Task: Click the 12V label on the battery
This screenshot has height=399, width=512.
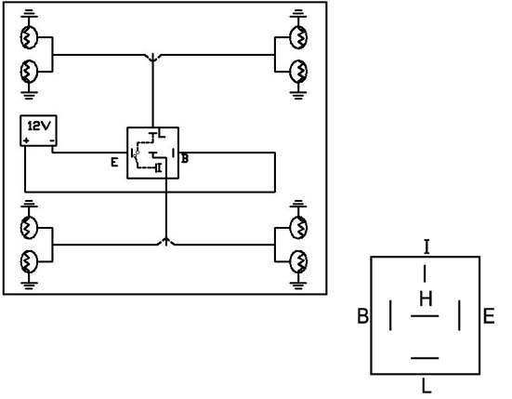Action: (x=39, y=126)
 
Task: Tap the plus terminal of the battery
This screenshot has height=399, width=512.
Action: (x=26, y=140)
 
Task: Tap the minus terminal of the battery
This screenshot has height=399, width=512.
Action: (x=52, y=140)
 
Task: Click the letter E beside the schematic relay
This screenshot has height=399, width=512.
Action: (x=114, y=162)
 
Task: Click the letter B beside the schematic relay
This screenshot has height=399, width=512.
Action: (x=185, y=158)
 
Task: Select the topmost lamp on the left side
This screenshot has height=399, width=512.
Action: (x=29, y=37)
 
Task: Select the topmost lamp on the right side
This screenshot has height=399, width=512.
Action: (x=298, y=37)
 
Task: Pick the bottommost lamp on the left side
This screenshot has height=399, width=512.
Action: (x=29, y=261)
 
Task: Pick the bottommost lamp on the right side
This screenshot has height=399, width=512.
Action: (x=298, y=261)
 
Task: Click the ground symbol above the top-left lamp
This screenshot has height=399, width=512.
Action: (x=29, y=14)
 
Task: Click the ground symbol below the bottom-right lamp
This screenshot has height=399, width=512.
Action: (x=298, y=286)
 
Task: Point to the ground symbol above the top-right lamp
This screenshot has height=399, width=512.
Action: (x=298, y=14)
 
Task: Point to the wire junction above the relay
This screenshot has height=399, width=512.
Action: (x=152, y=59)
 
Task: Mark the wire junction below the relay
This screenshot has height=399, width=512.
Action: (x=166, y=242)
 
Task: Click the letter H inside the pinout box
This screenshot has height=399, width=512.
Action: (x=426, y=299)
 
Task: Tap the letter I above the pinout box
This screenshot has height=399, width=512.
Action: (x=427, y=246)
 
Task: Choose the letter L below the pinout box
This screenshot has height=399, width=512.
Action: (x=427, y=385)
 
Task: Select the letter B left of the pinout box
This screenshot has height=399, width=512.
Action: (x=362, y=316)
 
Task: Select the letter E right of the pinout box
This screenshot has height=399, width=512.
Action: (x=489, y=316)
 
